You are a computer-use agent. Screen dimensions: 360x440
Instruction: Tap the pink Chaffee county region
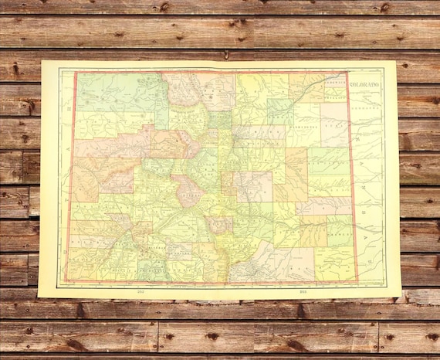(190, 190)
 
